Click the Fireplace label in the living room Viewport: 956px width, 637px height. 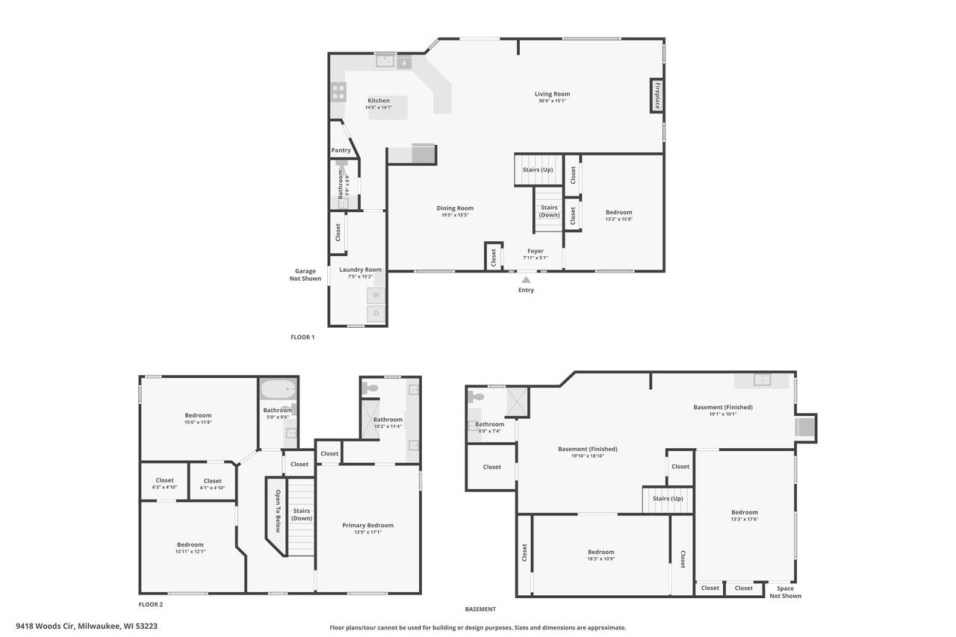[x=657, y=96]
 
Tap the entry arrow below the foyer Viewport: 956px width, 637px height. [x=526, y=280]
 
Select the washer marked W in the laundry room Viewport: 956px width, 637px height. [x=376, y=295]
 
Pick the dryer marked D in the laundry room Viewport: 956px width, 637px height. [x=376, y=314]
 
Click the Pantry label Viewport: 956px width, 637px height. [x=341, y=150]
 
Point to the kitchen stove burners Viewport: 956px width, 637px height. [x=338, y=92]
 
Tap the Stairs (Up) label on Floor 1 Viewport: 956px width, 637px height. [x=538, y=170]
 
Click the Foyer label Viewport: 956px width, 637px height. [x=536, y=251]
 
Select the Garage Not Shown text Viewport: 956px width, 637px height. [x=305, y=275]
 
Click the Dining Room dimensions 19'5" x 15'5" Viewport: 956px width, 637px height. [x=455, y=215]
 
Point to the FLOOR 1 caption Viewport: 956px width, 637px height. [x=302, y=337]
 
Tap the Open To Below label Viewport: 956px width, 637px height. [x=278, y=511]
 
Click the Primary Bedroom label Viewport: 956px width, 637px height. [x=367, y=525]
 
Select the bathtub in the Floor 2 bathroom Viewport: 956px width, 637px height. [x=279, y=390]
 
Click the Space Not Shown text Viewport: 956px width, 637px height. [x=785, y=591]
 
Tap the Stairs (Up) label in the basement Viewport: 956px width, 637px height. [x=668, y=498]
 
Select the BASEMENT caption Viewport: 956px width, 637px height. [x=480, y=609]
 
